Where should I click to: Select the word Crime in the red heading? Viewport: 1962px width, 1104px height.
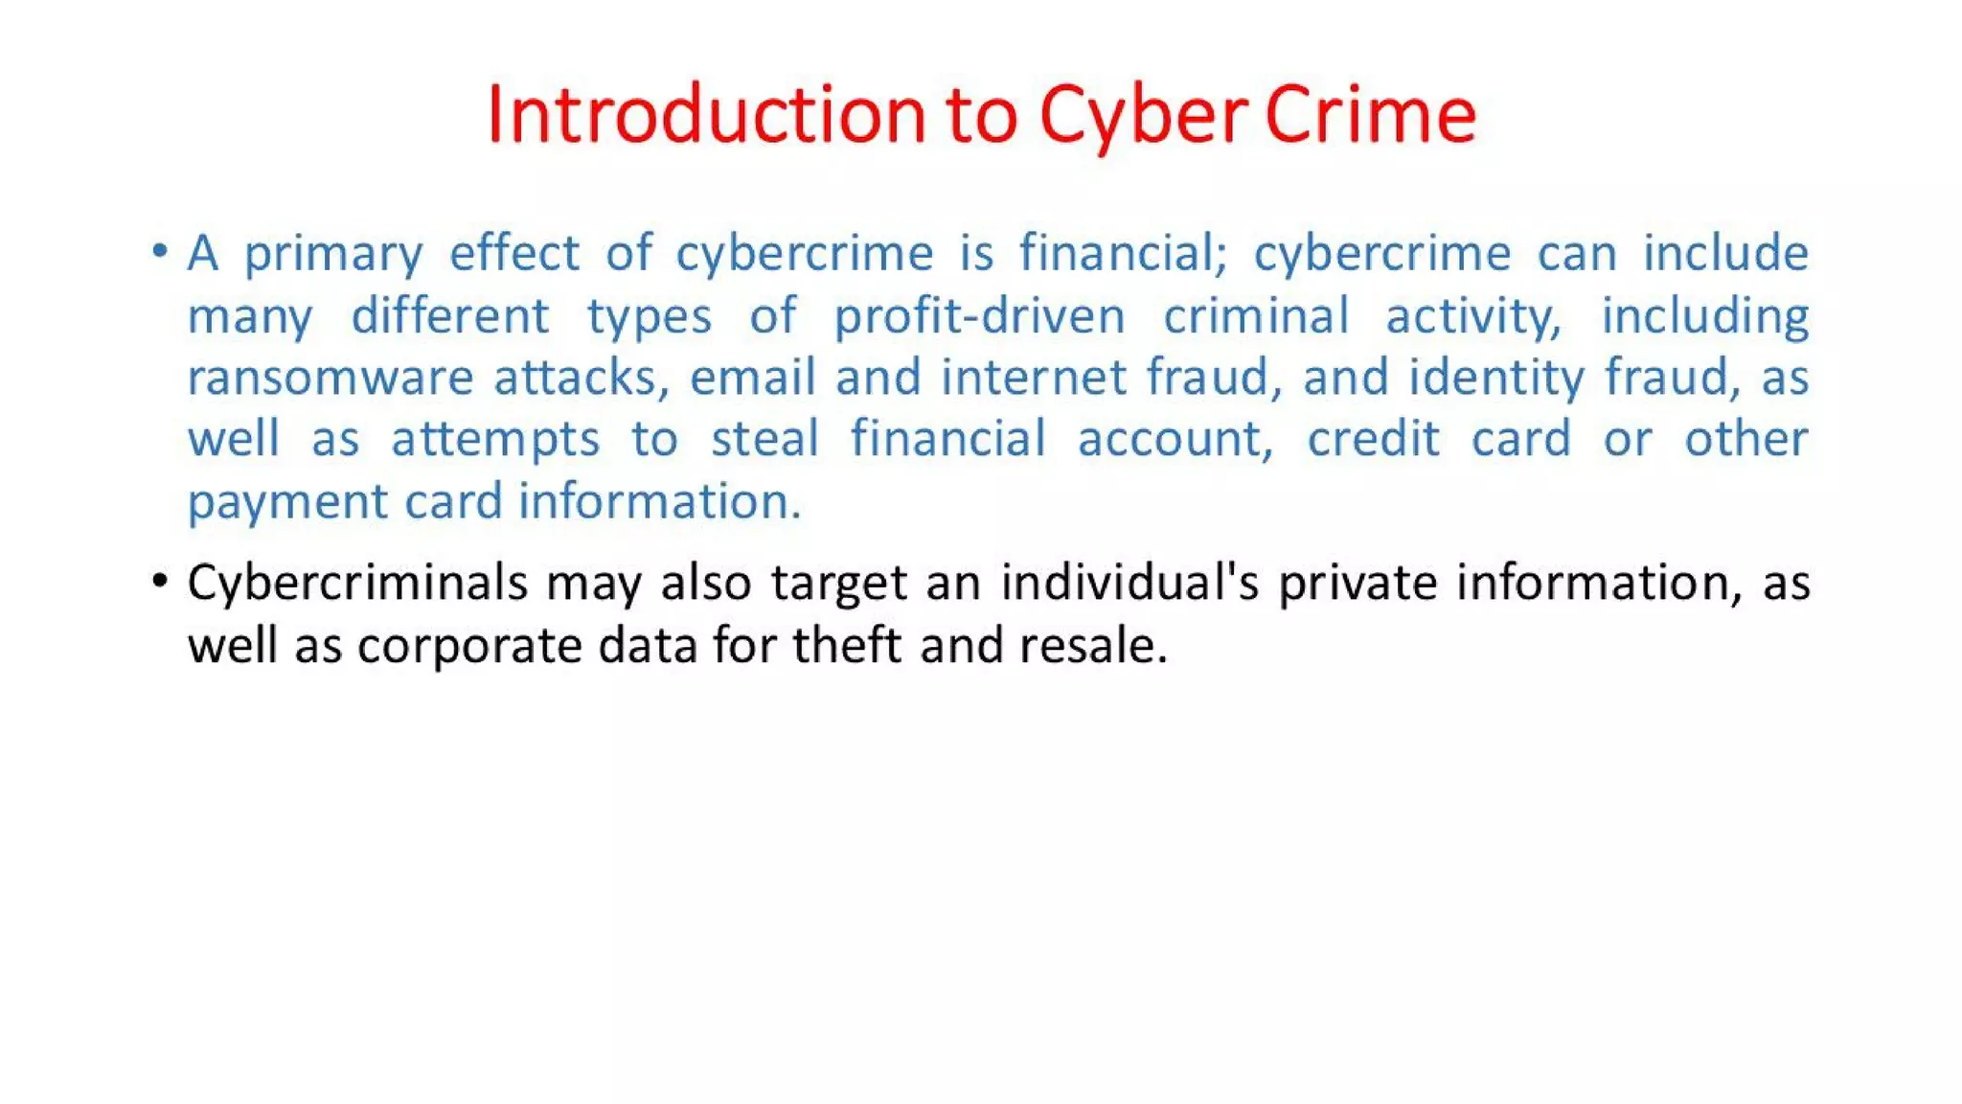(1370, 115)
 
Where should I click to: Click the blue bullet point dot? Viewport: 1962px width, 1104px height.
(160, 252)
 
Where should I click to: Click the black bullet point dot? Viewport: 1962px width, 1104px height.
(160, 581)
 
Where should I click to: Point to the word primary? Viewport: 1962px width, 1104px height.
(332, 255)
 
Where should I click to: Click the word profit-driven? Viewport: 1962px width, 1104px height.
(979, 315)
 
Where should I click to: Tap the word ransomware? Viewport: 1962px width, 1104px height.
(330, 377)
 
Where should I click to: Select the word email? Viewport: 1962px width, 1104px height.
(752, 377)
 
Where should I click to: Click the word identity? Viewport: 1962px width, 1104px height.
(1496, 379)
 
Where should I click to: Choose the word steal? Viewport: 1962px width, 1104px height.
(764, 439)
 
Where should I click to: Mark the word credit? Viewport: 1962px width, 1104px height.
(1373, 439)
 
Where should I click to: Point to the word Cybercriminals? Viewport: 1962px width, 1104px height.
(357, 583)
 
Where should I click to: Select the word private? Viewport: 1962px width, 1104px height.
(1357, 583)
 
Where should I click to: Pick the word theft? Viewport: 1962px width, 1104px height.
(846, 644)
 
